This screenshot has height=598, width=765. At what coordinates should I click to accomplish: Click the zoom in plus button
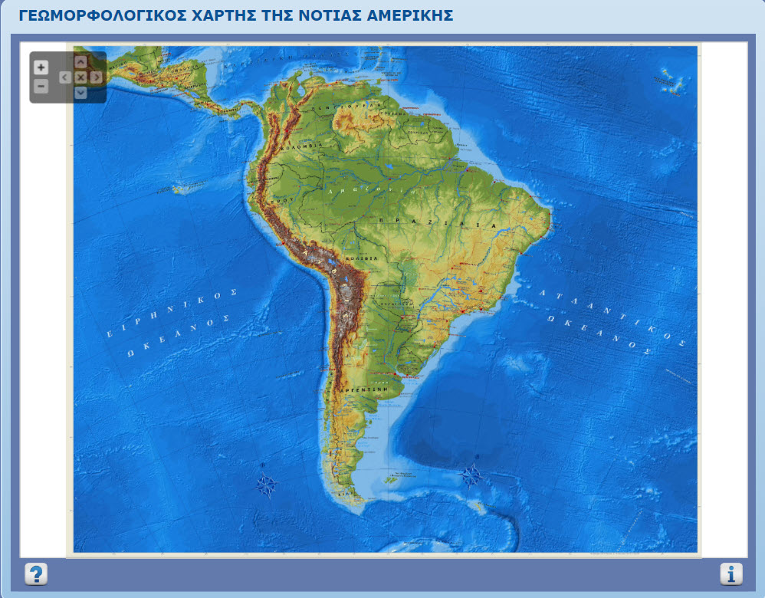click(41, 67)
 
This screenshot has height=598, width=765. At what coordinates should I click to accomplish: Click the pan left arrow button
click(64, 77)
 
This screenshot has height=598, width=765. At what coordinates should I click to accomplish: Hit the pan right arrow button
click(96, 77)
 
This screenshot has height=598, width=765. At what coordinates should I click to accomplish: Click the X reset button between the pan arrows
click(80, 77)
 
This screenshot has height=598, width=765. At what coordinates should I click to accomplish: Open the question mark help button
click(36, 573)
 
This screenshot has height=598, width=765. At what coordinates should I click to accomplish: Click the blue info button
click(731, 573)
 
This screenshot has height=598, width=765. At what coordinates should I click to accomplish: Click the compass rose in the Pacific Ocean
click(266, 484)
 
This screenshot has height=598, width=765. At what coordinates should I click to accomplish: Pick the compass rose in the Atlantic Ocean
click(472, 475)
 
